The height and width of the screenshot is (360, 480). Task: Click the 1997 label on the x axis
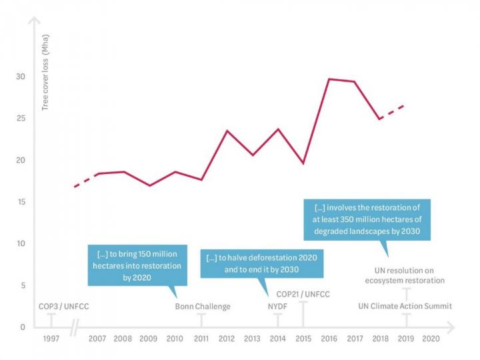click(x=51, y=339)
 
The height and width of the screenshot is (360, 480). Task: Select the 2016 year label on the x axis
click(x=328, y=339)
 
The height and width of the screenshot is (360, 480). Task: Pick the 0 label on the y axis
click(x=23, y=327)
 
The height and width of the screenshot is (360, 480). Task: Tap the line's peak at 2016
click(x=328, y=79)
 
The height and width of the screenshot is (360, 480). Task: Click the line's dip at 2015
click(x=303, y=163)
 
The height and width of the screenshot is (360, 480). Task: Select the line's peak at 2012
click(x=227, y=131)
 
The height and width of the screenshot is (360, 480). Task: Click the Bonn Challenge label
click(x=203, y=307)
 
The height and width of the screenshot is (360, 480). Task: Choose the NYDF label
click(x=277, y=307)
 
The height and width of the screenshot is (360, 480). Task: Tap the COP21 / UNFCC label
click(x=303, y=293)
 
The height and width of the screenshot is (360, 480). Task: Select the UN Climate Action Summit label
click(x=405, y=306)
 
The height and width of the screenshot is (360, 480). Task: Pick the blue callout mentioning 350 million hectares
click(x=367, y=219)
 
